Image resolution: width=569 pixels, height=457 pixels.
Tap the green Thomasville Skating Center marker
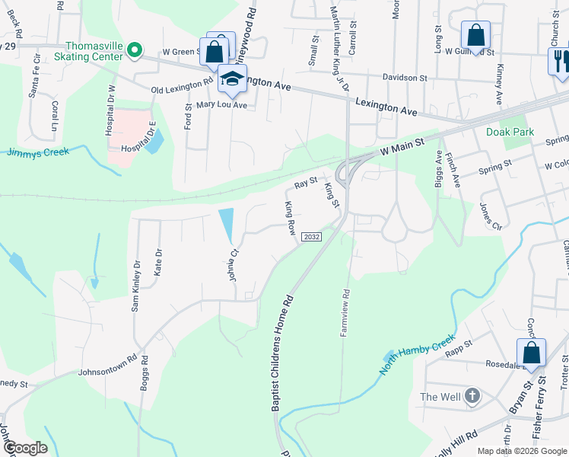click(134, 51)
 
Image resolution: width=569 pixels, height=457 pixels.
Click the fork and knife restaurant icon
click(559, 62)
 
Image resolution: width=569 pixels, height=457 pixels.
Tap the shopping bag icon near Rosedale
click(531, 353)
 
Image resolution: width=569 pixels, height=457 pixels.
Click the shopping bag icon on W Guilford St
click(475, 34)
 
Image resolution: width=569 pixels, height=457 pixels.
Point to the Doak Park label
click(510, 132)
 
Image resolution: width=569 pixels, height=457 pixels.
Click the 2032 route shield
click(311, 237)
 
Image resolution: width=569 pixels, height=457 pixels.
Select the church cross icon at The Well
click(472, 396)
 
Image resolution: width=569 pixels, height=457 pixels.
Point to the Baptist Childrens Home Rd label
click(281, 354)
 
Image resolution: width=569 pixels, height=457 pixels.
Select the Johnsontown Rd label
click(107, 365)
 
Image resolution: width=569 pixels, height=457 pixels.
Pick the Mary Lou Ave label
click(221, 105)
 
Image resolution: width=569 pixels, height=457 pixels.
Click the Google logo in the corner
click(24, 447)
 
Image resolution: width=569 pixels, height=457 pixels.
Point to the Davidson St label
click(405, 78)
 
